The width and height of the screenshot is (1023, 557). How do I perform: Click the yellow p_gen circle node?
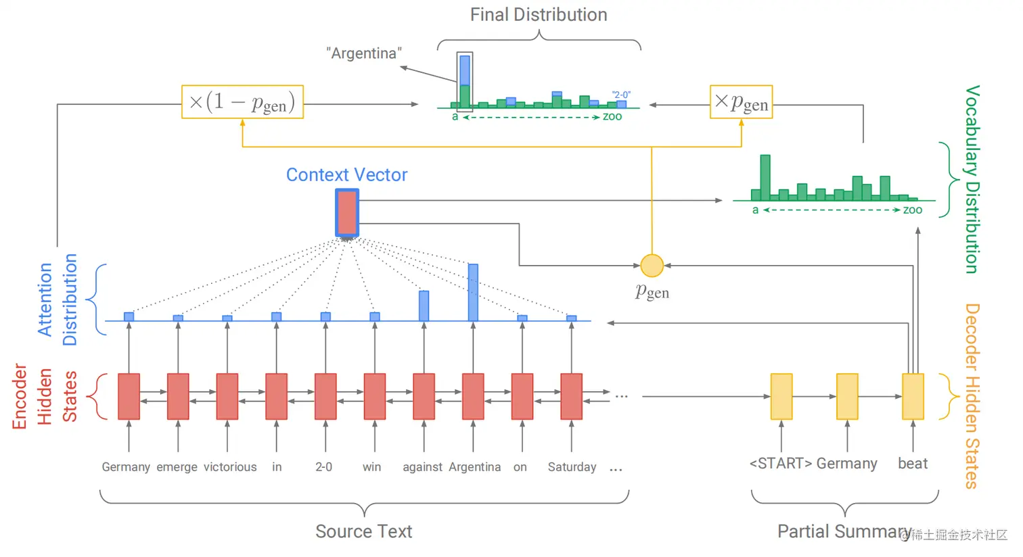pyautogui.click(x=652, y=266)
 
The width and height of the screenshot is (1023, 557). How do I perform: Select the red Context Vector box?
pyautogui.click(x=347, y=212)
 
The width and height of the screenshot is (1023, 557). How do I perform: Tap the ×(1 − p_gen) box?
pyautogui.click(x=242, y=102)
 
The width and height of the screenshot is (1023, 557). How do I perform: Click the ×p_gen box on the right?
pyautogui.click(x=741, y=102)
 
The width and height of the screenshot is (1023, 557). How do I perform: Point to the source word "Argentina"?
pyautogui.click(x=474, y=467)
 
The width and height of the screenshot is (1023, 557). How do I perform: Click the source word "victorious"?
pyautogui.click(x=230, y=467)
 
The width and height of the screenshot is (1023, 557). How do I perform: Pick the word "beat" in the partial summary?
pyautogui.click(x=913, y=464)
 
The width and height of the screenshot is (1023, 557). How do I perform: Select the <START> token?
pyautogui.click(x=780, y=464)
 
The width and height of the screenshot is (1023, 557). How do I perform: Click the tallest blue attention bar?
pyautogui.click(x=473, y=292)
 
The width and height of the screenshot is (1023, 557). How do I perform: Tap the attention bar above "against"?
pyautogui.click(x=424, y=306)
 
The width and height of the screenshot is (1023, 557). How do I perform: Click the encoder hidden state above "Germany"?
pyautogui.click(x=129, y=397)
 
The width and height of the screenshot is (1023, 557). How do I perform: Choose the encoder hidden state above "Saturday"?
pyautogui.click(x=572, y=397)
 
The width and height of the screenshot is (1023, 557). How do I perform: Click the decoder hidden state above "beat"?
pyautogui.click(x=913, y=397)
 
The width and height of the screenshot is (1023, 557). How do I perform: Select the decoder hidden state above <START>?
pyautogui.click(x=781, y=397)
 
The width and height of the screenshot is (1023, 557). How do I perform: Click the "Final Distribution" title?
pyautogui.click(x=539, y=15)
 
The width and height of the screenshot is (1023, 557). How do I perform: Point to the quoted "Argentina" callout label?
pyautogui.click(x=364, y=53)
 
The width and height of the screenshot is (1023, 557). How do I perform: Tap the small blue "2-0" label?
pyautogui.click(x=621, y=95)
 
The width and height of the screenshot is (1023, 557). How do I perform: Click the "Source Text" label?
pyautogui.click(x=363, y=532)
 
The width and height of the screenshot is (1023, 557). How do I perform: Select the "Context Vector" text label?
pyautogui.click(x=346, y=175)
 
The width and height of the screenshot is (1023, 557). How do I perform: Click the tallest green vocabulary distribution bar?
pyautogui.click(x=765, y=177)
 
